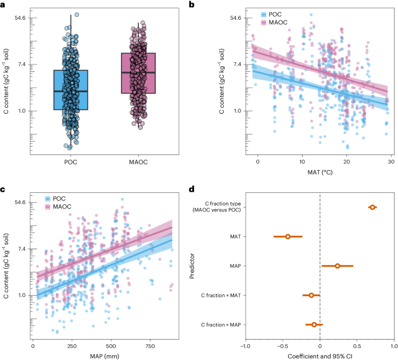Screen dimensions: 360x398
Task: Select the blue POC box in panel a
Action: click(71, 90)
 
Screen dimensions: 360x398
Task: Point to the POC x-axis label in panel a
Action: click(71, 162)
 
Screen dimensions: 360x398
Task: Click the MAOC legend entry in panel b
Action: click(278, 23)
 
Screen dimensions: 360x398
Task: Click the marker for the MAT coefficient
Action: click(288, 236)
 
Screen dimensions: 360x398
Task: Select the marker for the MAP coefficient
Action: click(338, 266)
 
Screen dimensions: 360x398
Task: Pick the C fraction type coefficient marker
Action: click(372, 207)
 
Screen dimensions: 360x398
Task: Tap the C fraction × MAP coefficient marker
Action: click(314, 325)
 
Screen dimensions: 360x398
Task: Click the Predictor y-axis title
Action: click(193, 267)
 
